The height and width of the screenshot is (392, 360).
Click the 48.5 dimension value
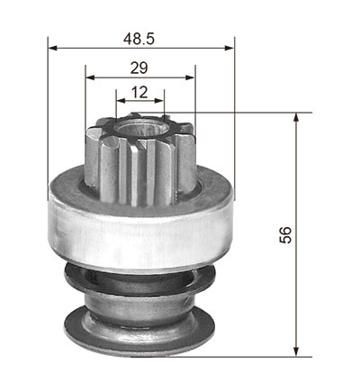[x=139, y=39]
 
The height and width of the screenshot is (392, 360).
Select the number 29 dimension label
[x=139, y=68]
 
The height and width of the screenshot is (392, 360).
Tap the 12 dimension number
[x=139, y=92]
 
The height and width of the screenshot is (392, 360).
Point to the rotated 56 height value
[x=285, y=235]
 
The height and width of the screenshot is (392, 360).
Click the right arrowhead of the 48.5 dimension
[x=229, y=48]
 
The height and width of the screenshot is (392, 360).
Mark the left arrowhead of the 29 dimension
[x=90, y=77]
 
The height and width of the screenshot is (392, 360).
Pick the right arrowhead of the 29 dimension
[x=190, y=77]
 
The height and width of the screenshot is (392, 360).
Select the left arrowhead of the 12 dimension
[x=121, y=101]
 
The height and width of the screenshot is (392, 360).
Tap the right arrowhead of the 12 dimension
[x=159, y=101]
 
